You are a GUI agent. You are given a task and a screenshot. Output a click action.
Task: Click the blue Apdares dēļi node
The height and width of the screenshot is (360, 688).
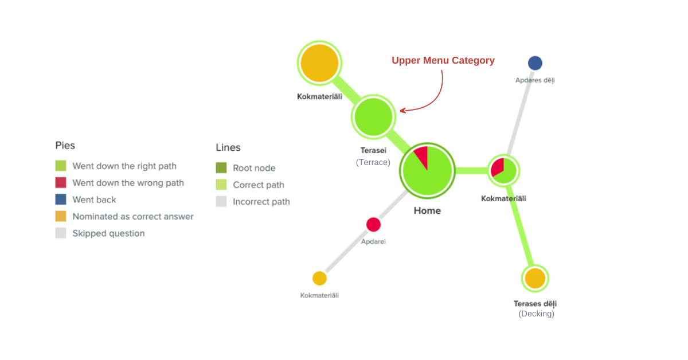coord(535,63)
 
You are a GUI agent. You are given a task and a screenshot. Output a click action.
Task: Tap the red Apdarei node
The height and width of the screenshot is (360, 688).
coord(373,224)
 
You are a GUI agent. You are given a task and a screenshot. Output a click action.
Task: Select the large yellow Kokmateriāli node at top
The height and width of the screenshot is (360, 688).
coord(319,63)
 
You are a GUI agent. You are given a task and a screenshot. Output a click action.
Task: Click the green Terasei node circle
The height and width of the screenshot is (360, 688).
coord(373,117)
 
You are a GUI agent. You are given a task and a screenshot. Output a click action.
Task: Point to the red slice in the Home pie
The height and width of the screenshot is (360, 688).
coord(421,156)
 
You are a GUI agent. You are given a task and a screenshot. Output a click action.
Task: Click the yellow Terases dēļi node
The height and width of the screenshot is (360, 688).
coord(535,278)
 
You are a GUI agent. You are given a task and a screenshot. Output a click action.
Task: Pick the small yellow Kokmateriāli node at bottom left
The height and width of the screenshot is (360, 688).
coord(319,278)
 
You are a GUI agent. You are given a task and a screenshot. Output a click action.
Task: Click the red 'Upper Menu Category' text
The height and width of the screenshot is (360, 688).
coord(443,60)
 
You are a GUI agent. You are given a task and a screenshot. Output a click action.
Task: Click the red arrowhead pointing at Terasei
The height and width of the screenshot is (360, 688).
coord(403,110)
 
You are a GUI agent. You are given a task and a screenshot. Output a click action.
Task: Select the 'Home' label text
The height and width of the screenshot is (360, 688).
coord(427,210)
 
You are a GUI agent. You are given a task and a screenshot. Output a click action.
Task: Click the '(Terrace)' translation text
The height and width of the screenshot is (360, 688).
coord(373,162)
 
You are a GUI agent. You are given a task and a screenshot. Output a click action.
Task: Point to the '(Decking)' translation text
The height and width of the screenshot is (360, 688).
coord(536,314)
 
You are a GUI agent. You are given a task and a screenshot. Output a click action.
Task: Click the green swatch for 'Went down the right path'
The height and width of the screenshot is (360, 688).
coord(61,166)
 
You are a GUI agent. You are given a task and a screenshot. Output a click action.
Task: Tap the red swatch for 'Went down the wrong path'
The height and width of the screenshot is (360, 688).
coord(61,183)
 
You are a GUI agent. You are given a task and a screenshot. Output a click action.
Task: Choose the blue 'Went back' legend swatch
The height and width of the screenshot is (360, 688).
coord(61,199)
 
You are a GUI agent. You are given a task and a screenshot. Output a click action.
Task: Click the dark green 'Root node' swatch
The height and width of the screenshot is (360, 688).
coord(221,168)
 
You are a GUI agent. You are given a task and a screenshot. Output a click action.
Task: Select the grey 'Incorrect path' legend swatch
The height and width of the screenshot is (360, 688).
coord(221,201)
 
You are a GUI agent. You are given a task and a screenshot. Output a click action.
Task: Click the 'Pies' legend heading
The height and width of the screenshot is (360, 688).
coord(65,146)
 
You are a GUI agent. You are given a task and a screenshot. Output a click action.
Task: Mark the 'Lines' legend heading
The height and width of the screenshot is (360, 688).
coord(228,147)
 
